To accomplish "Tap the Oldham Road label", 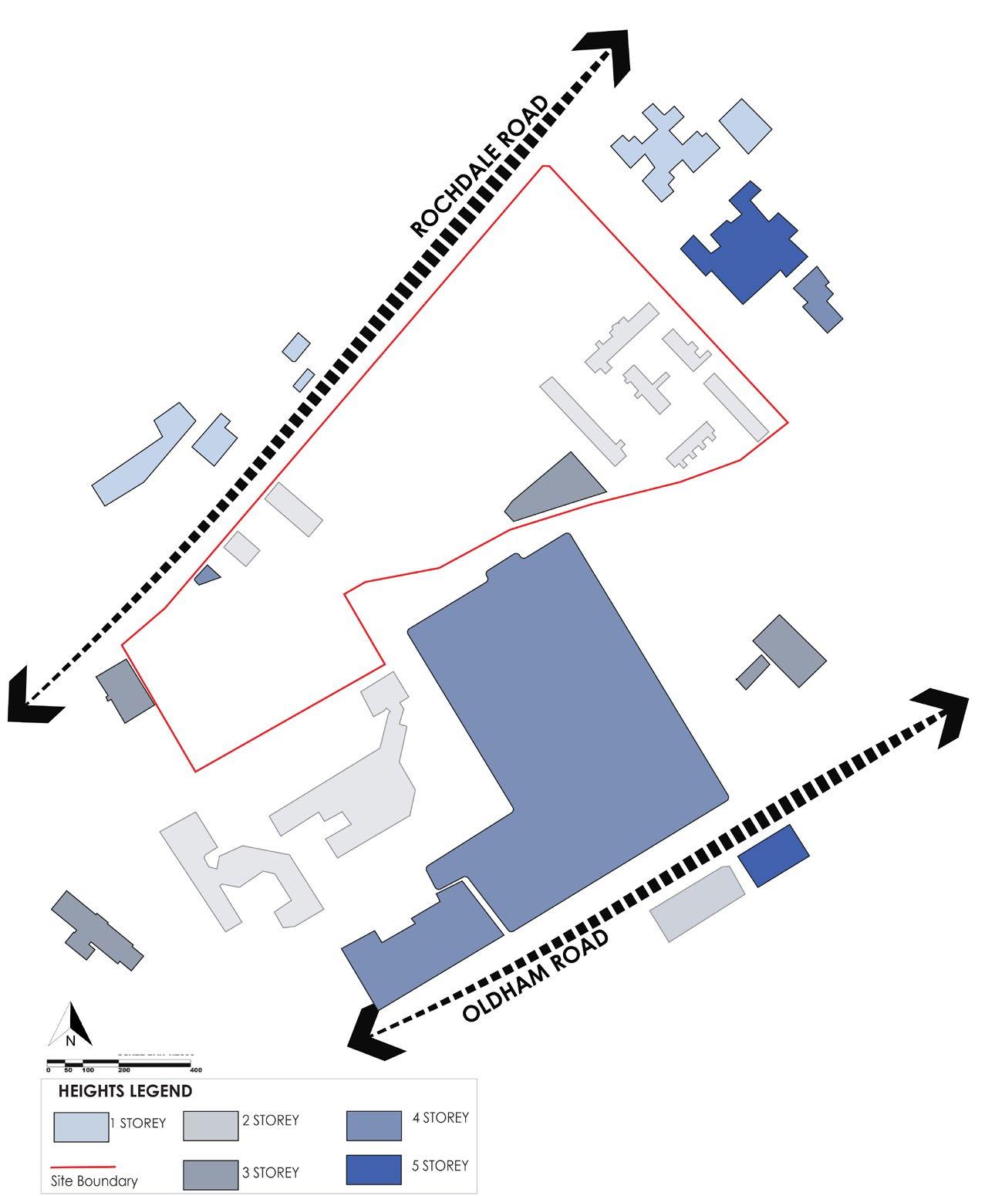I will (537, 977).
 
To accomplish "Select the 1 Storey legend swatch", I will (81, 1127).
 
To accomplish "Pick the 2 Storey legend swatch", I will (211, 1125).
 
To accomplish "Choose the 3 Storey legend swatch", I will (211, 1174).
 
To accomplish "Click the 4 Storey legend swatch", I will (374, 1125).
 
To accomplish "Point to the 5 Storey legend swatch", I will (374, 1170).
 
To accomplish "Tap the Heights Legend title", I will (125, 1091).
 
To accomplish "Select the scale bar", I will (119, 1065).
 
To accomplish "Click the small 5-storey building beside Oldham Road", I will (773, 855).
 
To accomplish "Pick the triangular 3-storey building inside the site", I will (560, 488).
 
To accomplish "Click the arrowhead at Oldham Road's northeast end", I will (943, 715).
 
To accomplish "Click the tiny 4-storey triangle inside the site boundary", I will (207, 575).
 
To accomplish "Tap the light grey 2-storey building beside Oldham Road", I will (697, 903).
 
